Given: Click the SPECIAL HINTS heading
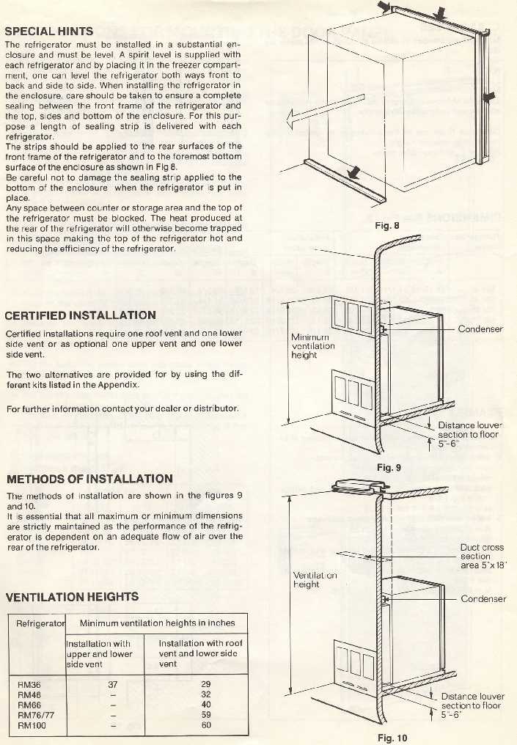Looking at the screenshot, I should click(49, 32).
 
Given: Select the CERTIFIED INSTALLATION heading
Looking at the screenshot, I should click(80, 315).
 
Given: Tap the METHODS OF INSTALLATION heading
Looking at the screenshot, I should click(89, 479).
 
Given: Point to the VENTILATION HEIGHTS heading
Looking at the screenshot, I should click(72, 597).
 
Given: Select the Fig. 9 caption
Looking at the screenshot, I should click(388, 467).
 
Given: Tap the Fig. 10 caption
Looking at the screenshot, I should click(391, 738).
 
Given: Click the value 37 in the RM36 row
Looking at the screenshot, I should click(112, 684).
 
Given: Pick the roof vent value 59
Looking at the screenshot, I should click(205, 715).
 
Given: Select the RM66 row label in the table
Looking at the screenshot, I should click(29, 705).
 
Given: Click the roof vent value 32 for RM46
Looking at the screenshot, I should click(205, 694).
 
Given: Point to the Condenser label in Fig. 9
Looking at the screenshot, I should click(480, 329).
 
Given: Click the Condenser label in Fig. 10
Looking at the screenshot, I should click(483, 599).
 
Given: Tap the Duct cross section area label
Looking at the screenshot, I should click(482, 557).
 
